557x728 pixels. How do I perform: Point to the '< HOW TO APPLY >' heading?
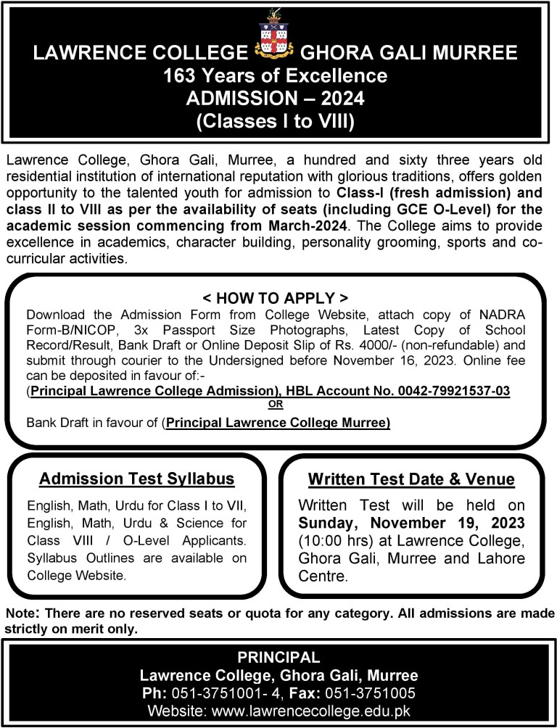pos(276,298)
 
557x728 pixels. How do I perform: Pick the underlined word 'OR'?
pos(276,405)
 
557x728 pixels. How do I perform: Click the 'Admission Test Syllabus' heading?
pos(137,479)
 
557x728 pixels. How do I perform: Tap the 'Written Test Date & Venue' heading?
pos(411,479)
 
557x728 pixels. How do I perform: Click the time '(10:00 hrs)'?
pos(332,540)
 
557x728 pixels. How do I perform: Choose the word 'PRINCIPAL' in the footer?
pos(278,658)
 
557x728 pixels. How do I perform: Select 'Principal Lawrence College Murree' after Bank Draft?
pos(278,422)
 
